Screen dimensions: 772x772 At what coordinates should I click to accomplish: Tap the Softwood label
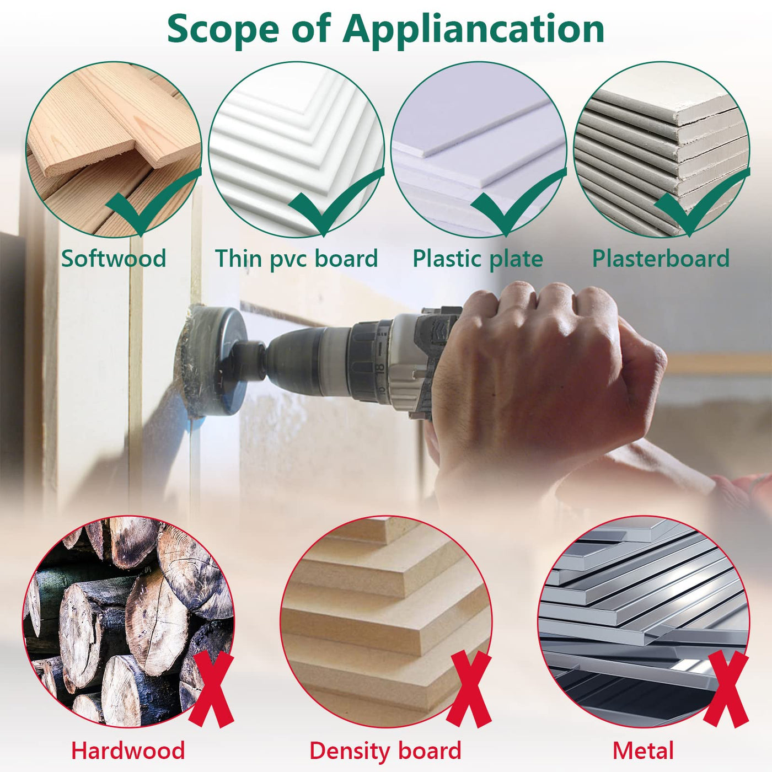coord(114,259)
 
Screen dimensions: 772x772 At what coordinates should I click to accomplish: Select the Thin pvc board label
coord(297,259)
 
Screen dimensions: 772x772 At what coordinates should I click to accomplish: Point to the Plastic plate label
coord(478,259)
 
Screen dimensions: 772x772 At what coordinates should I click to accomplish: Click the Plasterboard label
coord(661,259)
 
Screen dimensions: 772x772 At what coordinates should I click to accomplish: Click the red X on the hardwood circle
coord(212,689)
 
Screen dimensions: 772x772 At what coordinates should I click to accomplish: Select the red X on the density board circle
coord(469,689)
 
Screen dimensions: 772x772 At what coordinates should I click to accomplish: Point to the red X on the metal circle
coord(726,689)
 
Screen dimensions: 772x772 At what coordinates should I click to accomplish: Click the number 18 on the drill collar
coord(379,368)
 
